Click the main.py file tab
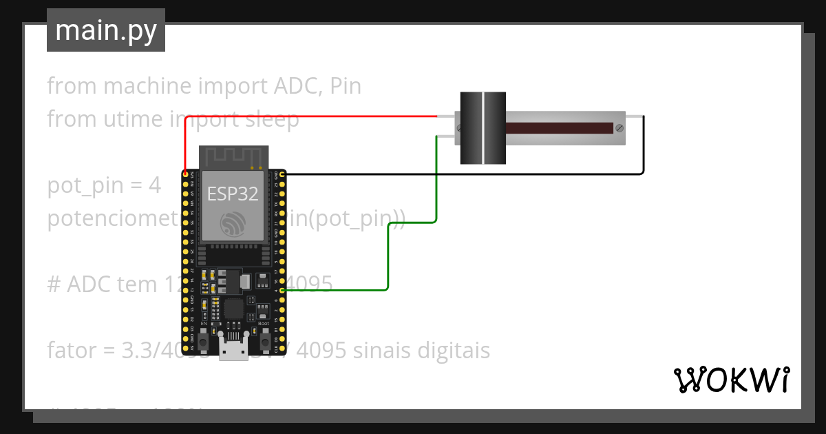(x=105, y=31)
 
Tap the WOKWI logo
(x=730, y=380)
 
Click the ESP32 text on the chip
(x=233, y=194)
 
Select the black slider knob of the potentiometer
(x=483, y=128)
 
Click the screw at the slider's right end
(x=619, y=128)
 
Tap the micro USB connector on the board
(x=233, y=349)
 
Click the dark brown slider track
(x=559, y=128)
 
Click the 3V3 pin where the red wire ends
(x=186, y=174)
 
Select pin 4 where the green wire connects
(x=282, y=290)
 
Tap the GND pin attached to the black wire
(x=282, y=174)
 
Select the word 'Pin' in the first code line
(x=346, y=86)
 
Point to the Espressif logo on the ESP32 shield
(x=232, y=225)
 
